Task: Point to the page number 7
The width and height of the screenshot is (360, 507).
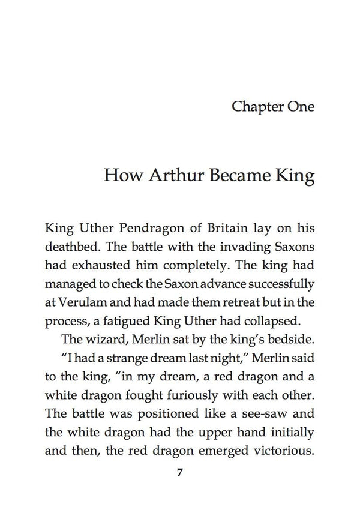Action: pos(180,472)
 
